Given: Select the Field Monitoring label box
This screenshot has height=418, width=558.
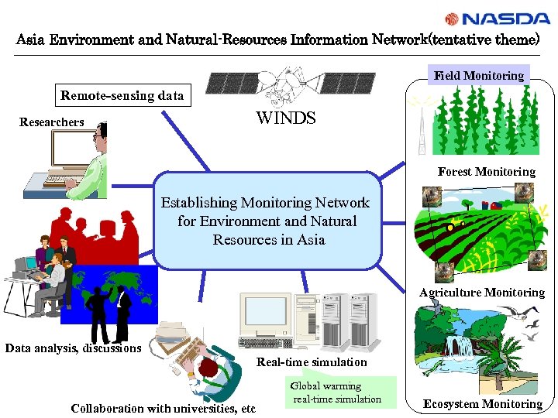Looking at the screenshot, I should point(479,75).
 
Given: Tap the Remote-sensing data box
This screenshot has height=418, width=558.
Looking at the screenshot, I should point(122,96).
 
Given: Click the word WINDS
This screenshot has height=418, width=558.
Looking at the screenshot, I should point(285,118).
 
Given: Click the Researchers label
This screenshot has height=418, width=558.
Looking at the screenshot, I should point(52,122).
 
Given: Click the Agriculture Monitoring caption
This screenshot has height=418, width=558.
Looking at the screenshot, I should point(482,293).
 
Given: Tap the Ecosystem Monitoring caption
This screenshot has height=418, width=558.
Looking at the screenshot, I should point(482,404).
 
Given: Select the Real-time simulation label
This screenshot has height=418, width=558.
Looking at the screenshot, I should point(312,362).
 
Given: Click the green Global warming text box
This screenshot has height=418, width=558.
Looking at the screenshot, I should point(341,392).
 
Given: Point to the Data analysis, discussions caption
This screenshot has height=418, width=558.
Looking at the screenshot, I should point(73,348).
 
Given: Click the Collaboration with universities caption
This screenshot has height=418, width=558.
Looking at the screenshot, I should point(163,408).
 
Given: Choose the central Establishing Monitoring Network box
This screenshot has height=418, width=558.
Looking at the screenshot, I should point(268,221).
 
